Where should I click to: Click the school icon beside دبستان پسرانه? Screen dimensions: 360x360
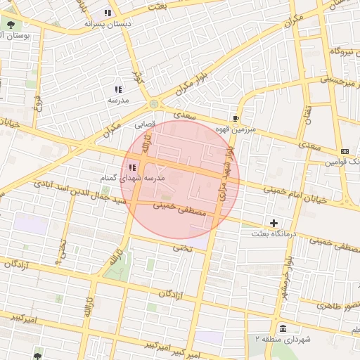click(107, 13)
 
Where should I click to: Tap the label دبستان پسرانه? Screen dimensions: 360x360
click(108, 23)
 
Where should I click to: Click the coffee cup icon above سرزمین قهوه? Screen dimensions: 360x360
click(235, 119)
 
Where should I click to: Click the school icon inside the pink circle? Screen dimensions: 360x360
click(133, 167)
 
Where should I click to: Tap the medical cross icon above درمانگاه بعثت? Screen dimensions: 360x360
click(274, 224)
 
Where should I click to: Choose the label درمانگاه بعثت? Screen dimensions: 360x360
click(274, 234)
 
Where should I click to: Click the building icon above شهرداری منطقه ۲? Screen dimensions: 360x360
click(282, 328)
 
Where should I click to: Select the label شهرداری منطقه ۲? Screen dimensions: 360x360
click(282, 339)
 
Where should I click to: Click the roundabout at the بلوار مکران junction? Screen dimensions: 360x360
click(154, 105)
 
